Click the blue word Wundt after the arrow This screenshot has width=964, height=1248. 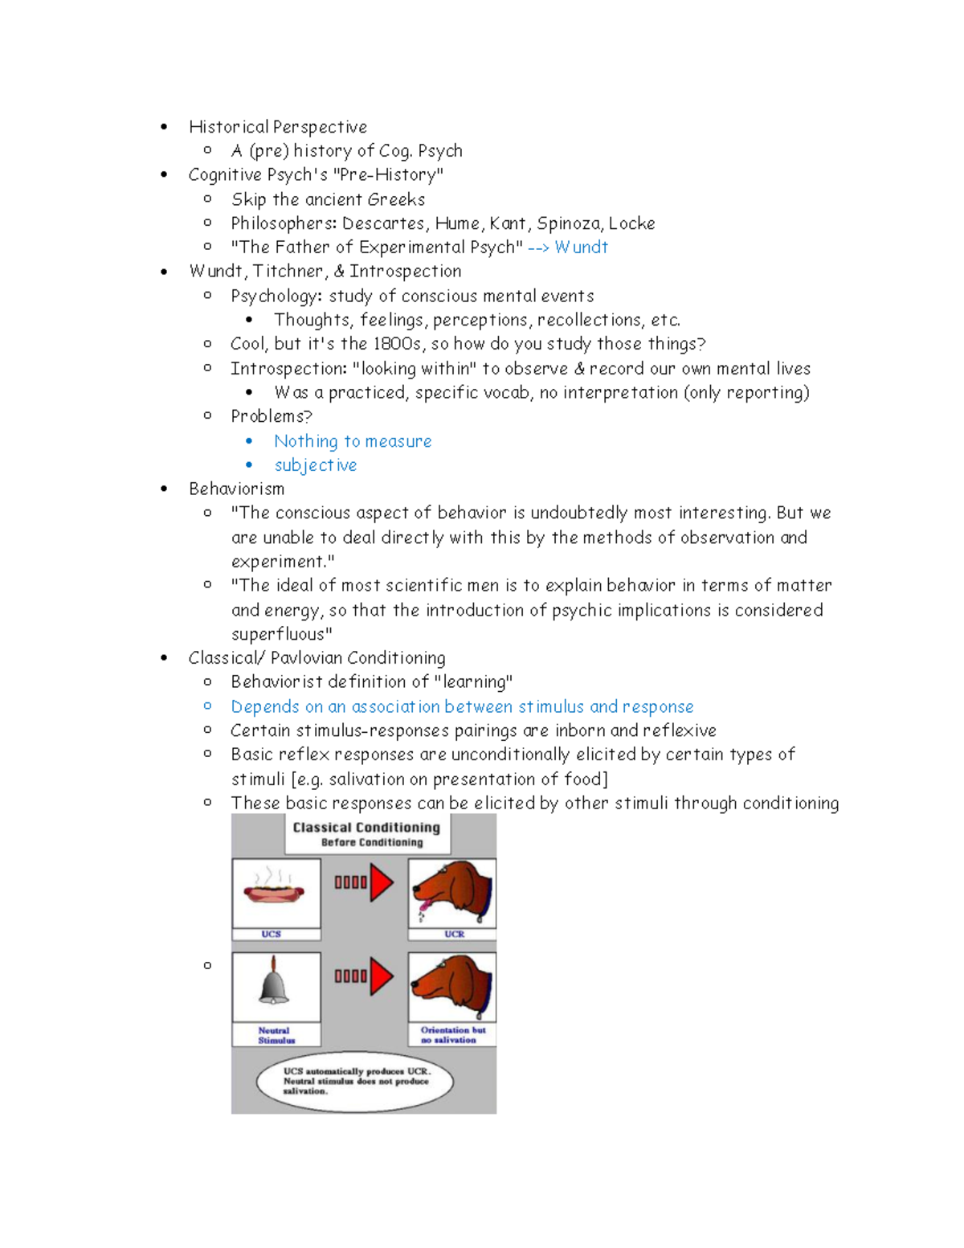(581, 248)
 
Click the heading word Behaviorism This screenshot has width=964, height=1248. (236, 489)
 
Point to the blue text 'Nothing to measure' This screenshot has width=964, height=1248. (353, 441)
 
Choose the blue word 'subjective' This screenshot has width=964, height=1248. (315, 465)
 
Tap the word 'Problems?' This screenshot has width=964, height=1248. (271, 416)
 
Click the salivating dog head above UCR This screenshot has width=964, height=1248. (451, 892)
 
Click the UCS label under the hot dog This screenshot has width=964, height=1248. (272, 934)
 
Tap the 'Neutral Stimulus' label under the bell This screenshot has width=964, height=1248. (275, 1035)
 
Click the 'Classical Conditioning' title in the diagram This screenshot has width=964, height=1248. (366, 827)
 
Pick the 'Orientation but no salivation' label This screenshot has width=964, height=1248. (452, 1035)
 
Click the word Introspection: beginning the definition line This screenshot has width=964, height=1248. (288, 369)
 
